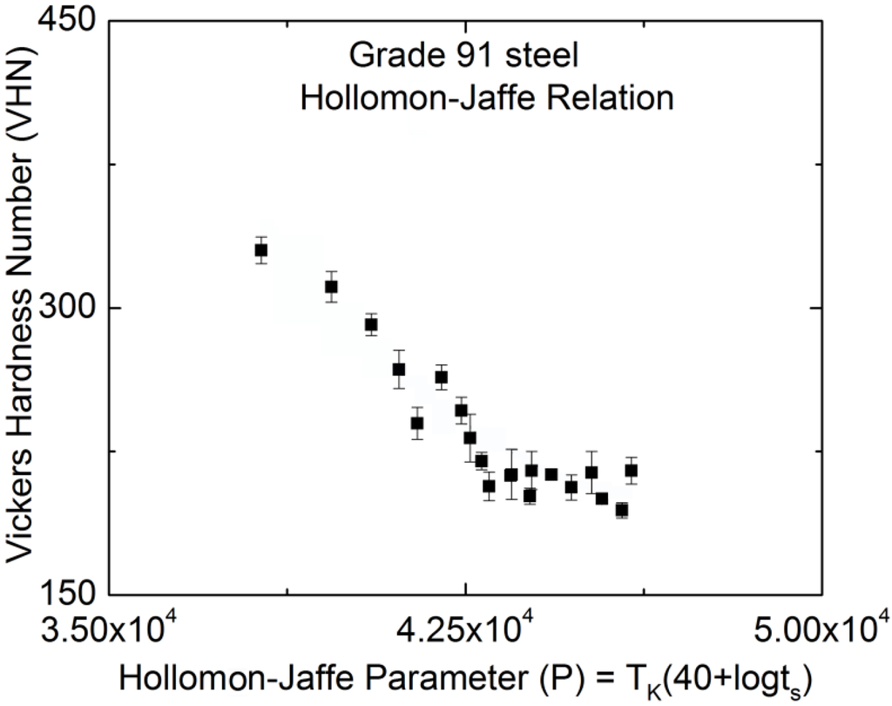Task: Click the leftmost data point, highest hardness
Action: click(x=260, y=250)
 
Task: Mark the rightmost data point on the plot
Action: click(x=631, y=471)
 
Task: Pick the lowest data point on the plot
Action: click(x=621, y=510)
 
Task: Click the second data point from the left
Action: click(x=331, y=287)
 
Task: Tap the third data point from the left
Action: click(x=371, y=324)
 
